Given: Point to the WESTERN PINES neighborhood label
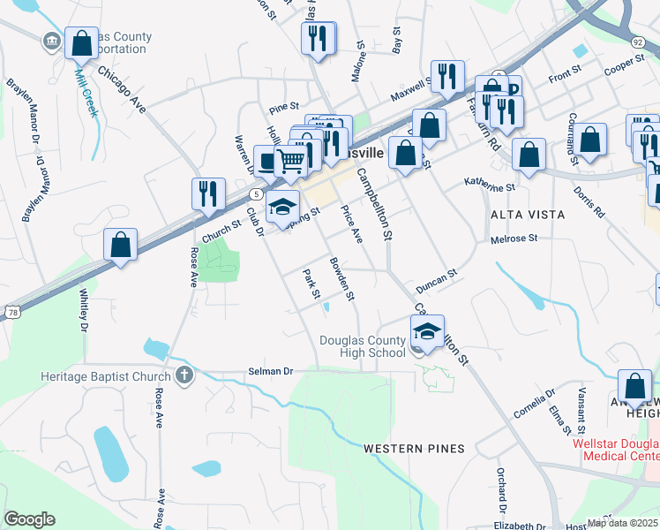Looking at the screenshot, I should [414, 449].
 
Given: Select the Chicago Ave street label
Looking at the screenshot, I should [121, 87].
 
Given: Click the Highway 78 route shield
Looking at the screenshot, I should [11, 312].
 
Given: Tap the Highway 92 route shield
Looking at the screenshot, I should [637, 42].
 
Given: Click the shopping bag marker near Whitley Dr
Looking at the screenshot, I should [121, 245].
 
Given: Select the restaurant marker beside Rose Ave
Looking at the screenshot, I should [208, 193].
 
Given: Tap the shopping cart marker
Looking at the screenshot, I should [290, 162].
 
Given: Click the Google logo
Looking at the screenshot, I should [29, 519].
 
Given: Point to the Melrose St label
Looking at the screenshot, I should [514, 238].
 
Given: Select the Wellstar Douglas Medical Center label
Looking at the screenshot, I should [615, 450].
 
